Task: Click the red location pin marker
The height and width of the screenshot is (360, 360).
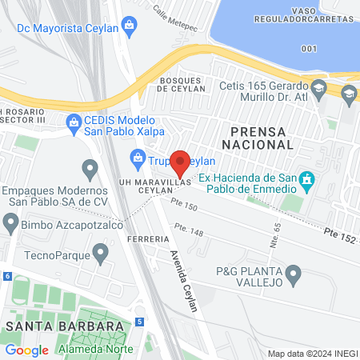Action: [x=180, y=162]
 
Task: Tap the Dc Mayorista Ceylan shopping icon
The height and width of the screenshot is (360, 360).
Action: [x=129, y=28]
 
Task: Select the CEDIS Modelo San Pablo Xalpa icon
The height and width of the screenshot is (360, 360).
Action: [x=74, y=121]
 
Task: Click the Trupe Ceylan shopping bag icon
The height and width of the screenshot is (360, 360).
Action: [x=137, y=158]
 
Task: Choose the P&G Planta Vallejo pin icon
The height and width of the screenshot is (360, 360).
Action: [x=294, y=277]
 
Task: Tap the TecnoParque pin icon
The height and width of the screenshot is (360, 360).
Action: [x=100, y=254]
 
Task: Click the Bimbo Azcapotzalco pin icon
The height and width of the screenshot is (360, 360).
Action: [x=10, y=224]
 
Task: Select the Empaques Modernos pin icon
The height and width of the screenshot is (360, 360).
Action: [x=90, y=170]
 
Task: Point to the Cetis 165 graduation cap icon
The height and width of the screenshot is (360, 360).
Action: [x=318, y=86]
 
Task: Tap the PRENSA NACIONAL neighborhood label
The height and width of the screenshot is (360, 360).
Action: [x=261, y=137]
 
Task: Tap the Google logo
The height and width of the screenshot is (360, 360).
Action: [x=26, y=350]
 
